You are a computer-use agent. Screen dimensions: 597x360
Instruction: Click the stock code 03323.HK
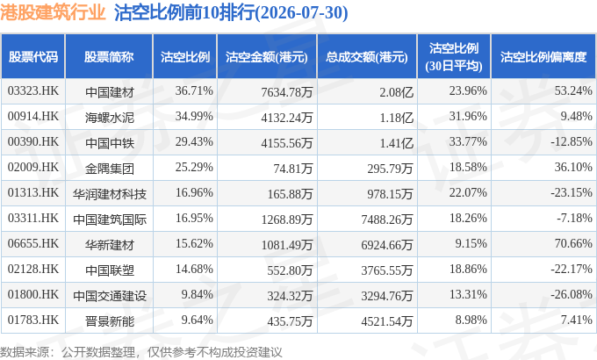[x=33, y=91]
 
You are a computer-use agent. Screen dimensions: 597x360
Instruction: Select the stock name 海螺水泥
[x=110, y=118]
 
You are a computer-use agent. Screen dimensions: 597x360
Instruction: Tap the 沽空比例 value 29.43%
[x=194, y=141]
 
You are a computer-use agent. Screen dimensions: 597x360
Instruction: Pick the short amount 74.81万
[x=292, y=168]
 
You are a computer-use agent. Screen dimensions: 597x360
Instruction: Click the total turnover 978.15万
[x=390, y=193]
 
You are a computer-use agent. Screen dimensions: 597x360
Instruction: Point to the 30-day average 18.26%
[x=468, y=218]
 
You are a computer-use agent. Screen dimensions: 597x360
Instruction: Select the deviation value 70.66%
[x=573, y=243]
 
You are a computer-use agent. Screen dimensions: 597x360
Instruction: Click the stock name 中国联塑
[x=110, y=270]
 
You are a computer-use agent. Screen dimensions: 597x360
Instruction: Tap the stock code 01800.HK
[x=33, y=294]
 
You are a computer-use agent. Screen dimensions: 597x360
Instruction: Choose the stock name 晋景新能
[x=110, y=321]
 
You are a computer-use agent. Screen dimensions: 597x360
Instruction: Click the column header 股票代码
[x=33, y=57]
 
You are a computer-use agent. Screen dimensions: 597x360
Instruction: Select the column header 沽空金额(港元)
[x=267, y=57]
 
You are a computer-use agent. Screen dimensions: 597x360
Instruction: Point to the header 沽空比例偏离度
[x=543, y=57]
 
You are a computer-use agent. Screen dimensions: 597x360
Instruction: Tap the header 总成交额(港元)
[x=367, y=57]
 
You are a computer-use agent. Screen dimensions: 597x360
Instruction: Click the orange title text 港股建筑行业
[x=53, y=12]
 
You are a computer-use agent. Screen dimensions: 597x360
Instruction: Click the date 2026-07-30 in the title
[x=301, y=13]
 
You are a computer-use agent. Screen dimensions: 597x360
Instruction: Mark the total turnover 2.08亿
[x=396, y=92]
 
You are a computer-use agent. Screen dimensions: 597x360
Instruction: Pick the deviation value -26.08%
[x=572, y=294]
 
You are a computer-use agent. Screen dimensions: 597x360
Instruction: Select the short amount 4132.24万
[x=287, y=118]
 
